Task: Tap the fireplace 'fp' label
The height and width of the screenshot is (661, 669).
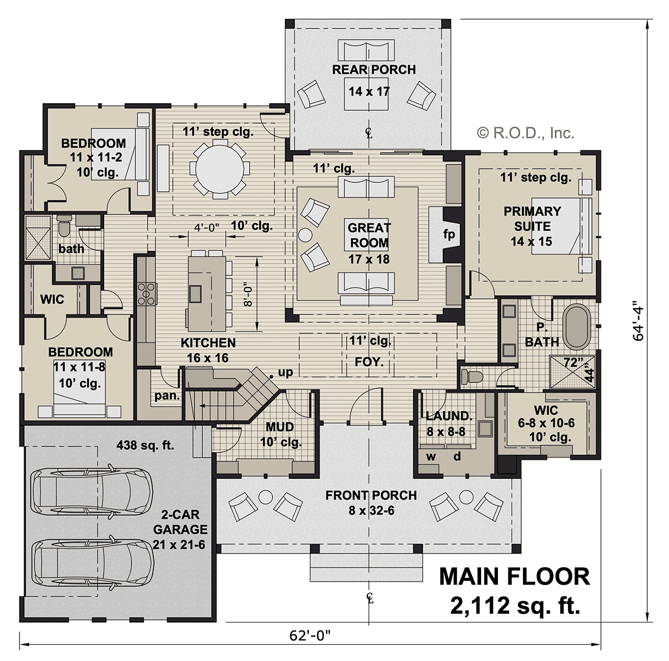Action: tap(449, 234)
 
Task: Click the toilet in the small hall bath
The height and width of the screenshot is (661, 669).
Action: tap(64, 225)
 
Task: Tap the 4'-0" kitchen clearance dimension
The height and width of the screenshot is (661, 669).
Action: tap(207, 227)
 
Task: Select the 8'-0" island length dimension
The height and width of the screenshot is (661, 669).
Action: tap(248, 295)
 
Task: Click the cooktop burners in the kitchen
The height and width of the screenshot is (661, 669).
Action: tap(146, 293)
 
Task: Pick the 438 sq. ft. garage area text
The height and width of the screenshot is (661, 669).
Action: tap(145, 445)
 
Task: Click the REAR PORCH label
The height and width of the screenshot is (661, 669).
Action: tap(374, 70)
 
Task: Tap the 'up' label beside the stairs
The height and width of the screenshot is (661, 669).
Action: tap(285, 372)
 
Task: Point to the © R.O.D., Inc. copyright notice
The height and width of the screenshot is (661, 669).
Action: tap(525, 133)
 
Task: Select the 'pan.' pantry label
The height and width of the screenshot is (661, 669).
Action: tap(167, 396)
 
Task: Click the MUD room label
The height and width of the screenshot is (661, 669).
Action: tap(279, 427)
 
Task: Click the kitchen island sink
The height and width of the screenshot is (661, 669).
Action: tap(195, 294)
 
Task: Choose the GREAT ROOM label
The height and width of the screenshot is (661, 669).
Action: tap(369, 235)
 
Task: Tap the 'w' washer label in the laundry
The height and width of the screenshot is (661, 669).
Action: tap(431, 456)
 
